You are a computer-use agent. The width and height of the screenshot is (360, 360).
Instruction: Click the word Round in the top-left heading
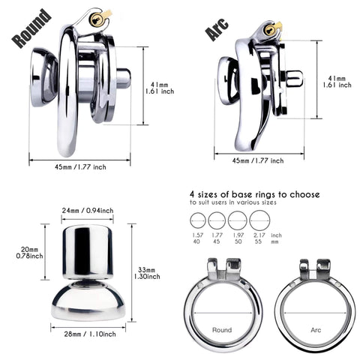pyautogui.click(x=31, y=28)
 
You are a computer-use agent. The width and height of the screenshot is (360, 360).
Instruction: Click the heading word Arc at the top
pyautogui.click(x=217, y=28)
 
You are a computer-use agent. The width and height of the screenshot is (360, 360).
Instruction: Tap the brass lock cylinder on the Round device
pyautogui.click(x=96, y=19)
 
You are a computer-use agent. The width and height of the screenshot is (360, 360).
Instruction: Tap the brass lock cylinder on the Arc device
pyautogui.click(x=269, y=30)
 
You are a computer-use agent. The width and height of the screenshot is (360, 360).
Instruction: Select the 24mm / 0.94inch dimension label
pyautogui.click(x=88, y=211)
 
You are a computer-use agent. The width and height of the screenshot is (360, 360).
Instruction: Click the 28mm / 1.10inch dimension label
pyautogui.click(x=90, y=334)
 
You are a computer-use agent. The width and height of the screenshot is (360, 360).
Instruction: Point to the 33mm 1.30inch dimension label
pyautogui.click(x=147, y=273)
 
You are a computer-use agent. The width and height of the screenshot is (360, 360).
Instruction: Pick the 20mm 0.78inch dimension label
pyautogui.click(x=29, y=253)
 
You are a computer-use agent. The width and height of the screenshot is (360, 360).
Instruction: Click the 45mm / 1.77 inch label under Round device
pyautogui.click(x=80, y=167)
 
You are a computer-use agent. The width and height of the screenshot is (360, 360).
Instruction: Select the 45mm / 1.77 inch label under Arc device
pyautogui.click(x=258, y=160)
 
